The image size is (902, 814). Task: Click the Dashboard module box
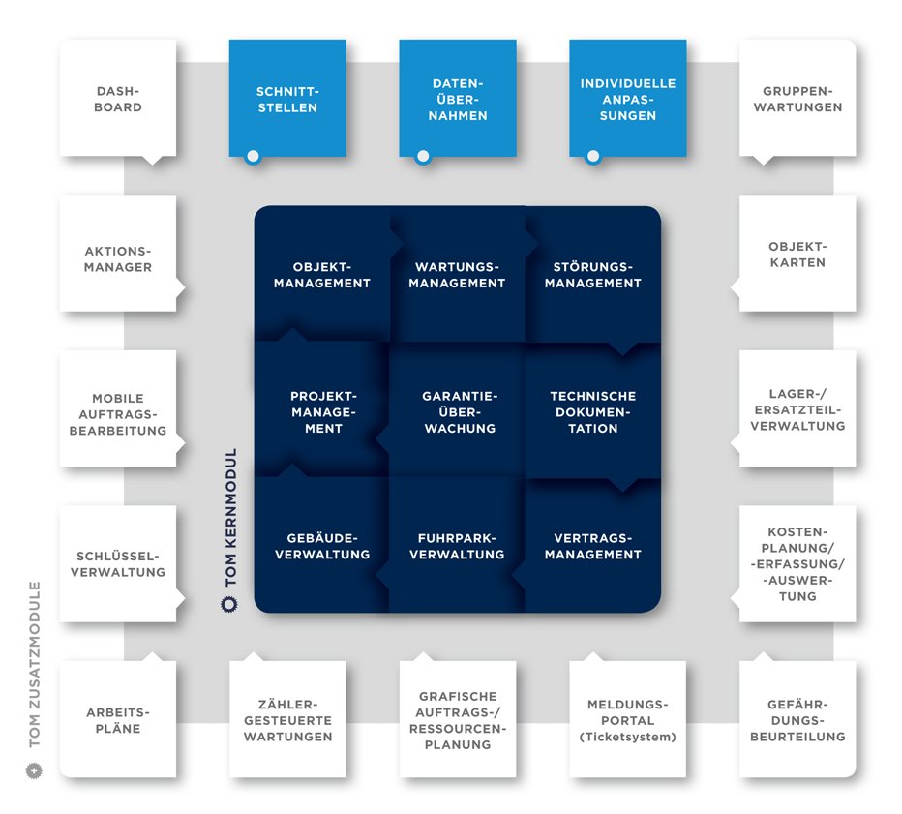tap(118, 99)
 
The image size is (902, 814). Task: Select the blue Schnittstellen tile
tap(287, 99)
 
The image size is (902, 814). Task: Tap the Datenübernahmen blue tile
tap(458, 99)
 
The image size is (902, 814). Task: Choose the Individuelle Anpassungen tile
tap(628, 99)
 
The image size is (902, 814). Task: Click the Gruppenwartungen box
tap(797, 99)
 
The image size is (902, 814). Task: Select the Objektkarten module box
tap(797, 254)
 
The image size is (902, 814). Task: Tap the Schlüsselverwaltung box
tap(118, 563)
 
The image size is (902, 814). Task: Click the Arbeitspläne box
tap(118, 719)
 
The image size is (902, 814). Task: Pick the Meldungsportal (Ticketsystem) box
tap(628, 719)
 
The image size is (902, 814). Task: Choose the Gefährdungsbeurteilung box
tap(797, 719)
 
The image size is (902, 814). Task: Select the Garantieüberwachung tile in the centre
tap(458, 411)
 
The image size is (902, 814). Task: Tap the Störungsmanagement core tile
tap(593, 275)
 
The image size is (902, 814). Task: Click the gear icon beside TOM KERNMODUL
tap(229, 605)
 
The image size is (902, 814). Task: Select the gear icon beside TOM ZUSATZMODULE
tap(36, 771)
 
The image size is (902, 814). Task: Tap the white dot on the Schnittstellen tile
tap(253, 156)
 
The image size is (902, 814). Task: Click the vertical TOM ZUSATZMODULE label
tap(36, 664)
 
